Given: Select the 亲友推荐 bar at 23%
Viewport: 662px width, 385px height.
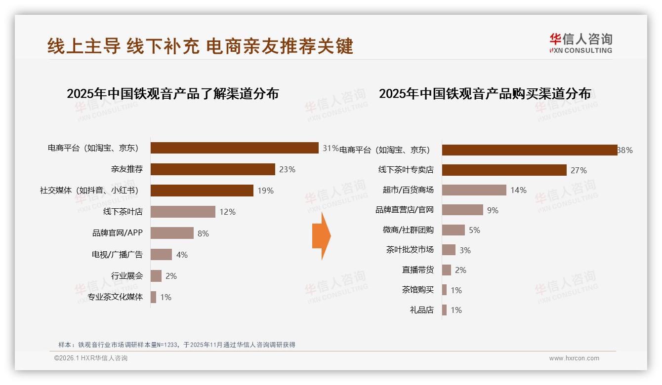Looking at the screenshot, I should (x=212, y=169).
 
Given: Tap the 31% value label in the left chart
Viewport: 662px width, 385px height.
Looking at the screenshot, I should (x=331, y=148).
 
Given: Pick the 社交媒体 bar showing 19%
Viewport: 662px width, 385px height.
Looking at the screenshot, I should (x=202, y=191).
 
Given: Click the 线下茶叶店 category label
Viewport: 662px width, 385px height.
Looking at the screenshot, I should (x=123, y=212).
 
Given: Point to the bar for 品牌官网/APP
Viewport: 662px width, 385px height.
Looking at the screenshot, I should (x=172, y=233).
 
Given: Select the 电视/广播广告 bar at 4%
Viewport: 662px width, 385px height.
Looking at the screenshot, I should (x=161, y=254).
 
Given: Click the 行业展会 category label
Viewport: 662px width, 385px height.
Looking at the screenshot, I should (x=127, y=275).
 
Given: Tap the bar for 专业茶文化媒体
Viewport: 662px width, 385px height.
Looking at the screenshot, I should (x=153, y=297).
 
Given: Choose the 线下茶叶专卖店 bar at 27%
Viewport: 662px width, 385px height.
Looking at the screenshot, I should (x=504, y=170).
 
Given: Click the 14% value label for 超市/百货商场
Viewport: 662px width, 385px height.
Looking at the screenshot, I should (x=519, y=190).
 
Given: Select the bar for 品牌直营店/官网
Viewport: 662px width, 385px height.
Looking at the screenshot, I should (x=462, y=210).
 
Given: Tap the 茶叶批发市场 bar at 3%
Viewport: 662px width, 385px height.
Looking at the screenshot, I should (x=449, y=250).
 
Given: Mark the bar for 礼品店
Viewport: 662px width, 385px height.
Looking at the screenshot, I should (x=444, y=310).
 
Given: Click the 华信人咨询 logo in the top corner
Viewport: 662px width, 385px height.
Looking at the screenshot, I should (x=580, y=43).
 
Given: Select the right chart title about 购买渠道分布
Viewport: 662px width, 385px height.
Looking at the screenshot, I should (x=485, y=94).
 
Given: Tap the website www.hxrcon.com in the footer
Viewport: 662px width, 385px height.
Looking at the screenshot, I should (x=574, y=358).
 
